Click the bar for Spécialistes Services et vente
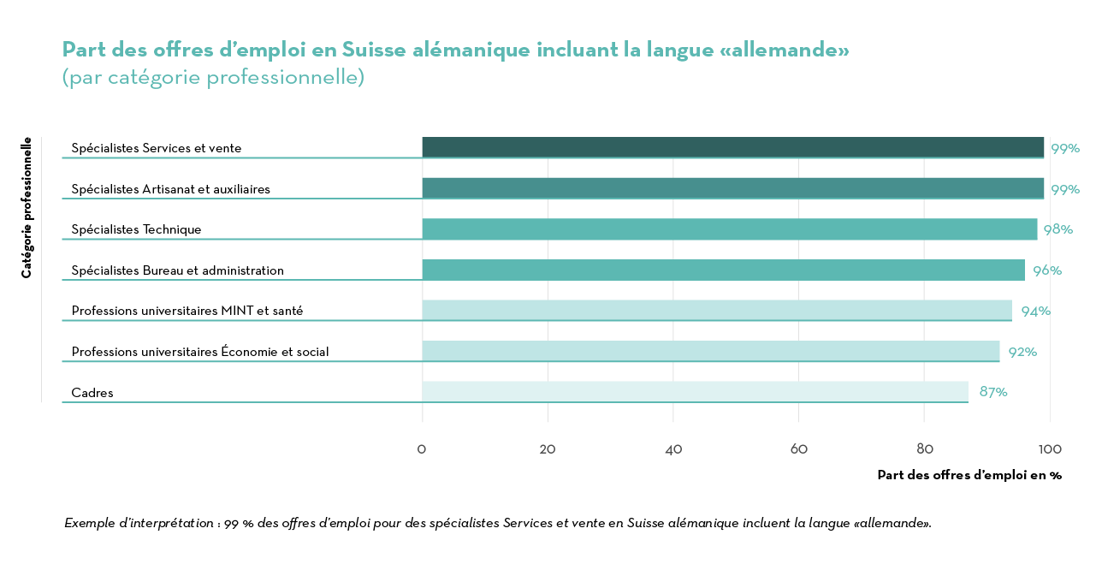(x=732, y=147)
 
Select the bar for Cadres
(x=695, y=392)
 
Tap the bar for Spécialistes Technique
(x=729, y=229)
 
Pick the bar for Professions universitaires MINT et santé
(x=717, y=311)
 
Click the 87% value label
(x=993, y=392)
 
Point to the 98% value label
(x=1058, y=229)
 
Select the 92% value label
(x=1022, y=352)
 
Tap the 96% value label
(x=1046, y=270)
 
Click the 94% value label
(x=1035, y=311)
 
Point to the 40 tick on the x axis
(x=673, y=449)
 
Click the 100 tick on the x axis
(x=1050, y=449)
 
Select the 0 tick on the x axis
(x=422, y=449)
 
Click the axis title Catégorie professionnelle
(x=27, y=207)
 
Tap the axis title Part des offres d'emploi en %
(x=969, y=475)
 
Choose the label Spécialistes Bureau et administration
(x=177, y=270)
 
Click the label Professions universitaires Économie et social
(x=199, y=352)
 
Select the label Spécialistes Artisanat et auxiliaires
(x=170, y=189)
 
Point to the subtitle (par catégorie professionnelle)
(x=213, y=77)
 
